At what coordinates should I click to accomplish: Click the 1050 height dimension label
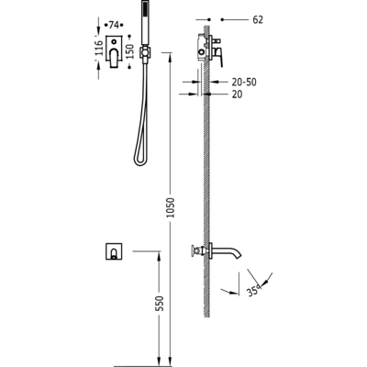(x=172, y=207)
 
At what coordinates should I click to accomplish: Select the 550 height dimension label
(x=160, y=303)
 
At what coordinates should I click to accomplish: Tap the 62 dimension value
(x=258, y=20)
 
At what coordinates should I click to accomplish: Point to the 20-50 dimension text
(x=244, y=82)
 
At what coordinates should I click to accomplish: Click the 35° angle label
(x=254, y=290)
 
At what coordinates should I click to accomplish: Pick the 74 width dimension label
(x=114, y=25)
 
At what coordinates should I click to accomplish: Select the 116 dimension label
(x=99, y=48)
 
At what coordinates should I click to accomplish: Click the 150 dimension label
(x=129, y=51)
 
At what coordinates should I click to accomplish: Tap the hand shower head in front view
(x=146, y=24)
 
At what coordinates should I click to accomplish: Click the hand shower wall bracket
(x=146, y=52)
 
